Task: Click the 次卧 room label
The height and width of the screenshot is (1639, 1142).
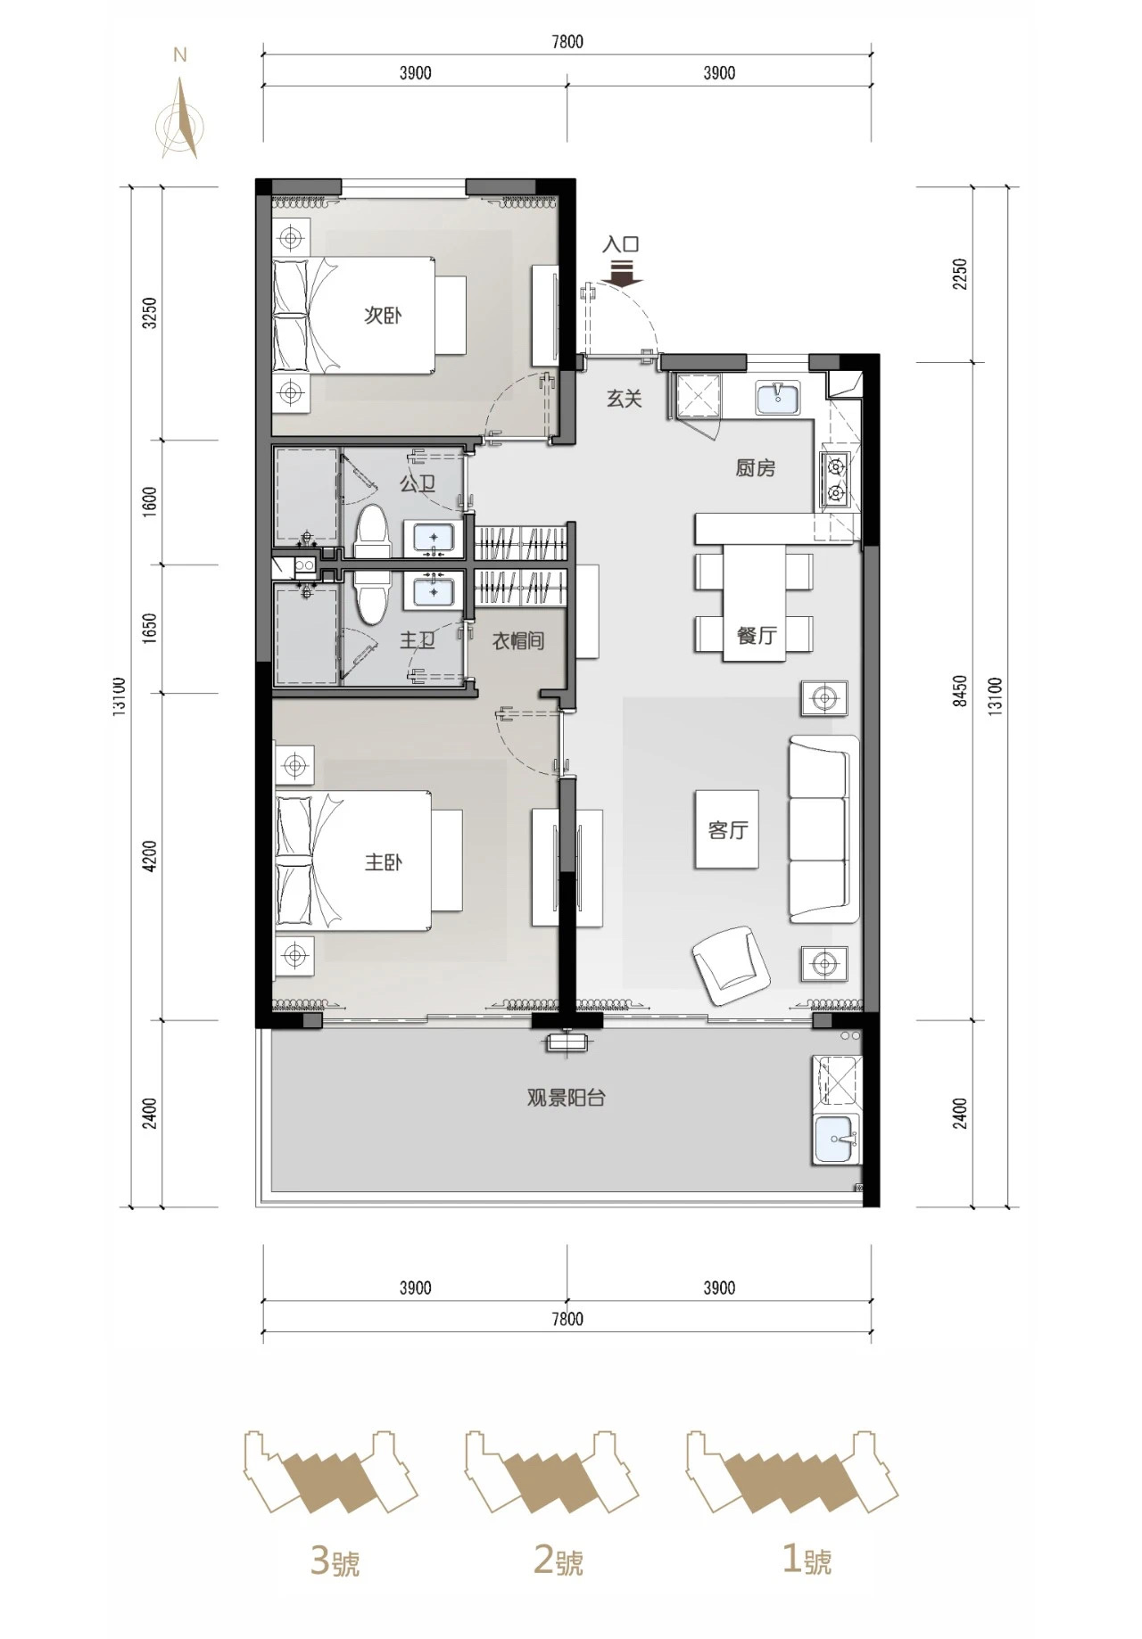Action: [382, 316]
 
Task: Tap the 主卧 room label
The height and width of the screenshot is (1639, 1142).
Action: [383, 862]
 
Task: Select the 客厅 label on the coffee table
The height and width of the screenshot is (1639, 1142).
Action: [728, 830]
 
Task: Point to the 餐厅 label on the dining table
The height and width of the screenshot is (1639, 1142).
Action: [757, 636]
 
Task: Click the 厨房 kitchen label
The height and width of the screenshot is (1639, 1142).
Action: [756, 468]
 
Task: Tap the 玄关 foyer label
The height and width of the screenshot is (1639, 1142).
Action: [625, 399]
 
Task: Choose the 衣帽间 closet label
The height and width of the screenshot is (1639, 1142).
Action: [518, 640]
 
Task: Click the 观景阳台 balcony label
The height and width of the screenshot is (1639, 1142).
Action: [567, 1098]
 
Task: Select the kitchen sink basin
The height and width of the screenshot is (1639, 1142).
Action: [778, 398]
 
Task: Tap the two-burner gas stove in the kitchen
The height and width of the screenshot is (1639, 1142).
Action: [836, 478]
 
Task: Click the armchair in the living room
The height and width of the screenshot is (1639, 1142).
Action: [731, 964]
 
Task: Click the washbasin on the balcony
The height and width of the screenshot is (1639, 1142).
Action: [837, 1140]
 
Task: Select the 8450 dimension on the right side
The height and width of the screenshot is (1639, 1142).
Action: [960, 691]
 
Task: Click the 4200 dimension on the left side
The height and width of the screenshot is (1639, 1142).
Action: [149, 857]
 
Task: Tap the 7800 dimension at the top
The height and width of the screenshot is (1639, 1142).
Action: [567, 42]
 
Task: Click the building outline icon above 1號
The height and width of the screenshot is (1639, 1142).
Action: [791, 1472]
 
